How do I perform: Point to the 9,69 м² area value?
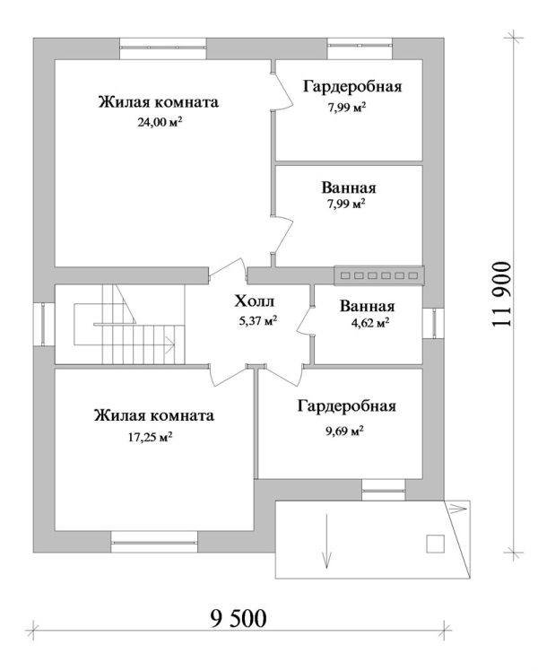coord(344,431)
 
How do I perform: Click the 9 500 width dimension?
coord(238,618)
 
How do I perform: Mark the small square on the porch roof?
coord(435,543)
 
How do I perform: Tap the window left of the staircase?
coord(46,324)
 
